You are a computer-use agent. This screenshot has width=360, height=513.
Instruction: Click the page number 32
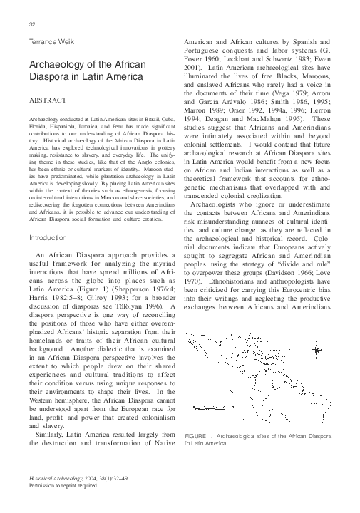tap(33, 24)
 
